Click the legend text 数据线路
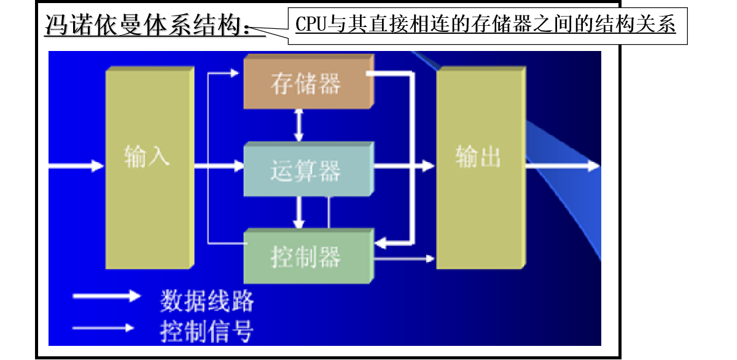pyautogui.click(x=206, y=301)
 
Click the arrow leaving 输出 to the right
pyautogui.click(x=562, y=166)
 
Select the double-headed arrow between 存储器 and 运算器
pyautogui.click(x=299, y=125)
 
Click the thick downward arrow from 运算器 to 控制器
pyautogui.click(x=299, y=212)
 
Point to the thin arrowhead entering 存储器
pyautogui.click(x=232, y=73)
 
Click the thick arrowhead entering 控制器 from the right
pyautogui.click(x=383, y=244)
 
